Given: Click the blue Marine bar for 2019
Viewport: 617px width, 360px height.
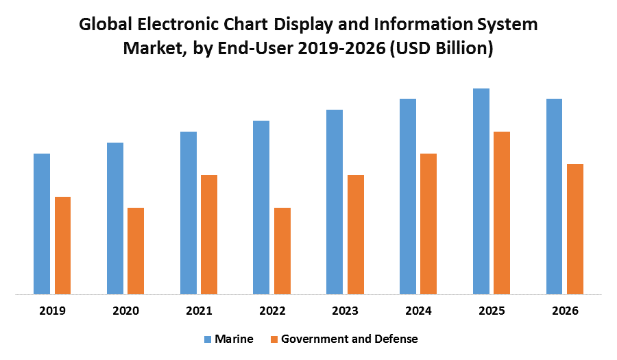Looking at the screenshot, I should (x=42, y=224).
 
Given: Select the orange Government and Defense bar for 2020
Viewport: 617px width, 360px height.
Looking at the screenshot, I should (x=136, y=251).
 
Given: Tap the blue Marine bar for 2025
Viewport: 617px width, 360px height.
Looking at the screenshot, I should (x=481, y=191).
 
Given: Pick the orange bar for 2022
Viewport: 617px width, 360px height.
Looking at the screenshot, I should (x=282, y=251).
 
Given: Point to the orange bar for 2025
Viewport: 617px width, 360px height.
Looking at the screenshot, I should (x=502, y=213).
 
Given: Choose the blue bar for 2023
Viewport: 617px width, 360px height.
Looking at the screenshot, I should (x=335, y=202).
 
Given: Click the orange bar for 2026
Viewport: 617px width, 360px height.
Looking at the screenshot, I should (x=575, y=229).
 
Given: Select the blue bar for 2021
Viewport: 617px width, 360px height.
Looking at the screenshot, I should (x=189, y=213).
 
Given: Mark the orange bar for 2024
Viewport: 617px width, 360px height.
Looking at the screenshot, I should (x=428, y=224).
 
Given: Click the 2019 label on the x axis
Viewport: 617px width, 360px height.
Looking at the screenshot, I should (x=52, y=311).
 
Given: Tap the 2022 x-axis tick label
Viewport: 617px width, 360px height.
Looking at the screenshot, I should (x=272, y=311).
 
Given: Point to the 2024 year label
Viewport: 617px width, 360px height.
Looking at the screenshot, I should (x=418, y=311).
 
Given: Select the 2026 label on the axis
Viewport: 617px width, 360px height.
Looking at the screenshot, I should (x=565, y=311).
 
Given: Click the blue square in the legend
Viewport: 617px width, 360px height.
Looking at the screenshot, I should (x=207, y=339).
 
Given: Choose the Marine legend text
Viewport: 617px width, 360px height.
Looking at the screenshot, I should (x=234, y=339).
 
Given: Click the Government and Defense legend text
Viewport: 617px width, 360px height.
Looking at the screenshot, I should (x=349, y=339).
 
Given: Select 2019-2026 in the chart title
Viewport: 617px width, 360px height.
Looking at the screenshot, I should (x=348, y=49).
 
